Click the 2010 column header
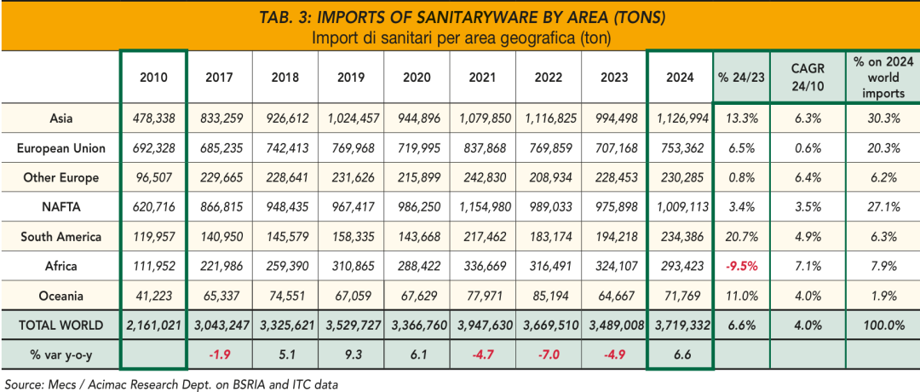coord(153,78)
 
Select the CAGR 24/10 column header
coord(807,78)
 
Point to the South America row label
coord(61,237)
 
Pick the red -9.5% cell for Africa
coord(742,266)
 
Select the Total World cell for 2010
coord(153,325)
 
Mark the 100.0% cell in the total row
coord(882,325)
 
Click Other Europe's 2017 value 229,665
coord(220,178)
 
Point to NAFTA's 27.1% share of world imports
coord(882,207)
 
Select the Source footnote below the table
coord(170,384)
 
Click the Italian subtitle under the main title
coord(460,37)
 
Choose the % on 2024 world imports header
coord(882,78)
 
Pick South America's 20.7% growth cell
coord(742,237)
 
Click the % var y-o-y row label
coord(61,355)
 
